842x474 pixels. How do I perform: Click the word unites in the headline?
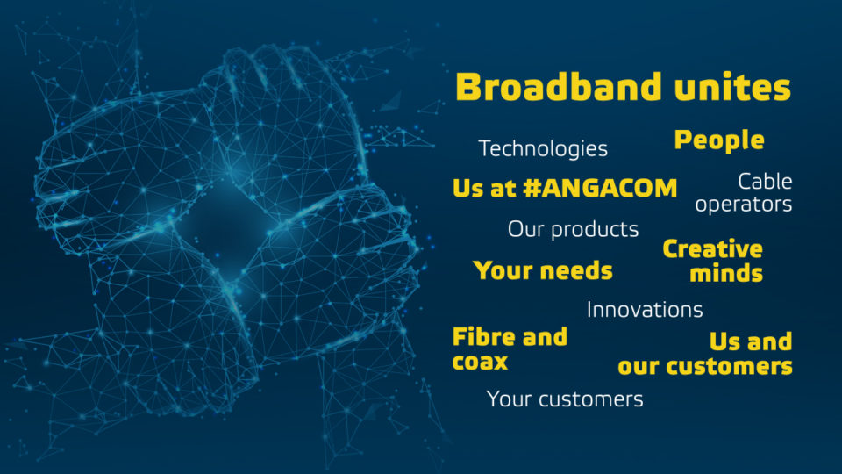(x=732, y=87)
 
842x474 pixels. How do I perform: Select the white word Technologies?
(x=543, y=149)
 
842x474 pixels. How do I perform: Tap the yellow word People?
(x=719, y=140)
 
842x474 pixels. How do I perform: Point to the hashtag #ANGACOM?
(x=600, y=188)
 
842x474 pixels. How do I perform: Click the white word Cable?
(x=765, y=182)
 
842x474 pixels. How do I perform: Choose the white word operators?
(x=743, y=205)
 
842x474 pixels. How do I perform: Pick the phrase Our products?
(x=573, y=229)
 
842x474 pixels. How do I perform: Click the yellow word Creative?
(x=712, y=249)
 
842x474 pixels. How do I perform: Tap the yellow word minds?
(x=726, y=273)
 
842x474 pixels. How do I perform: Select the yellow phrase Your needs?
(x=543, y=270)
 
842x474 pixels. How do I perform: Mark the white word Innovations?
(x=645, y=310)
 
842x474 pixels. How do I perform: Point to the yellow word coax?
(x=480, y=362)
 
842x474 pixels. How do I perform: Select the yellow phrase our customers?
(x=705, y=367)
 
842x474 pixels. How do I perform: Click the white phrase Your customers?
(x=564, y=399)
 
